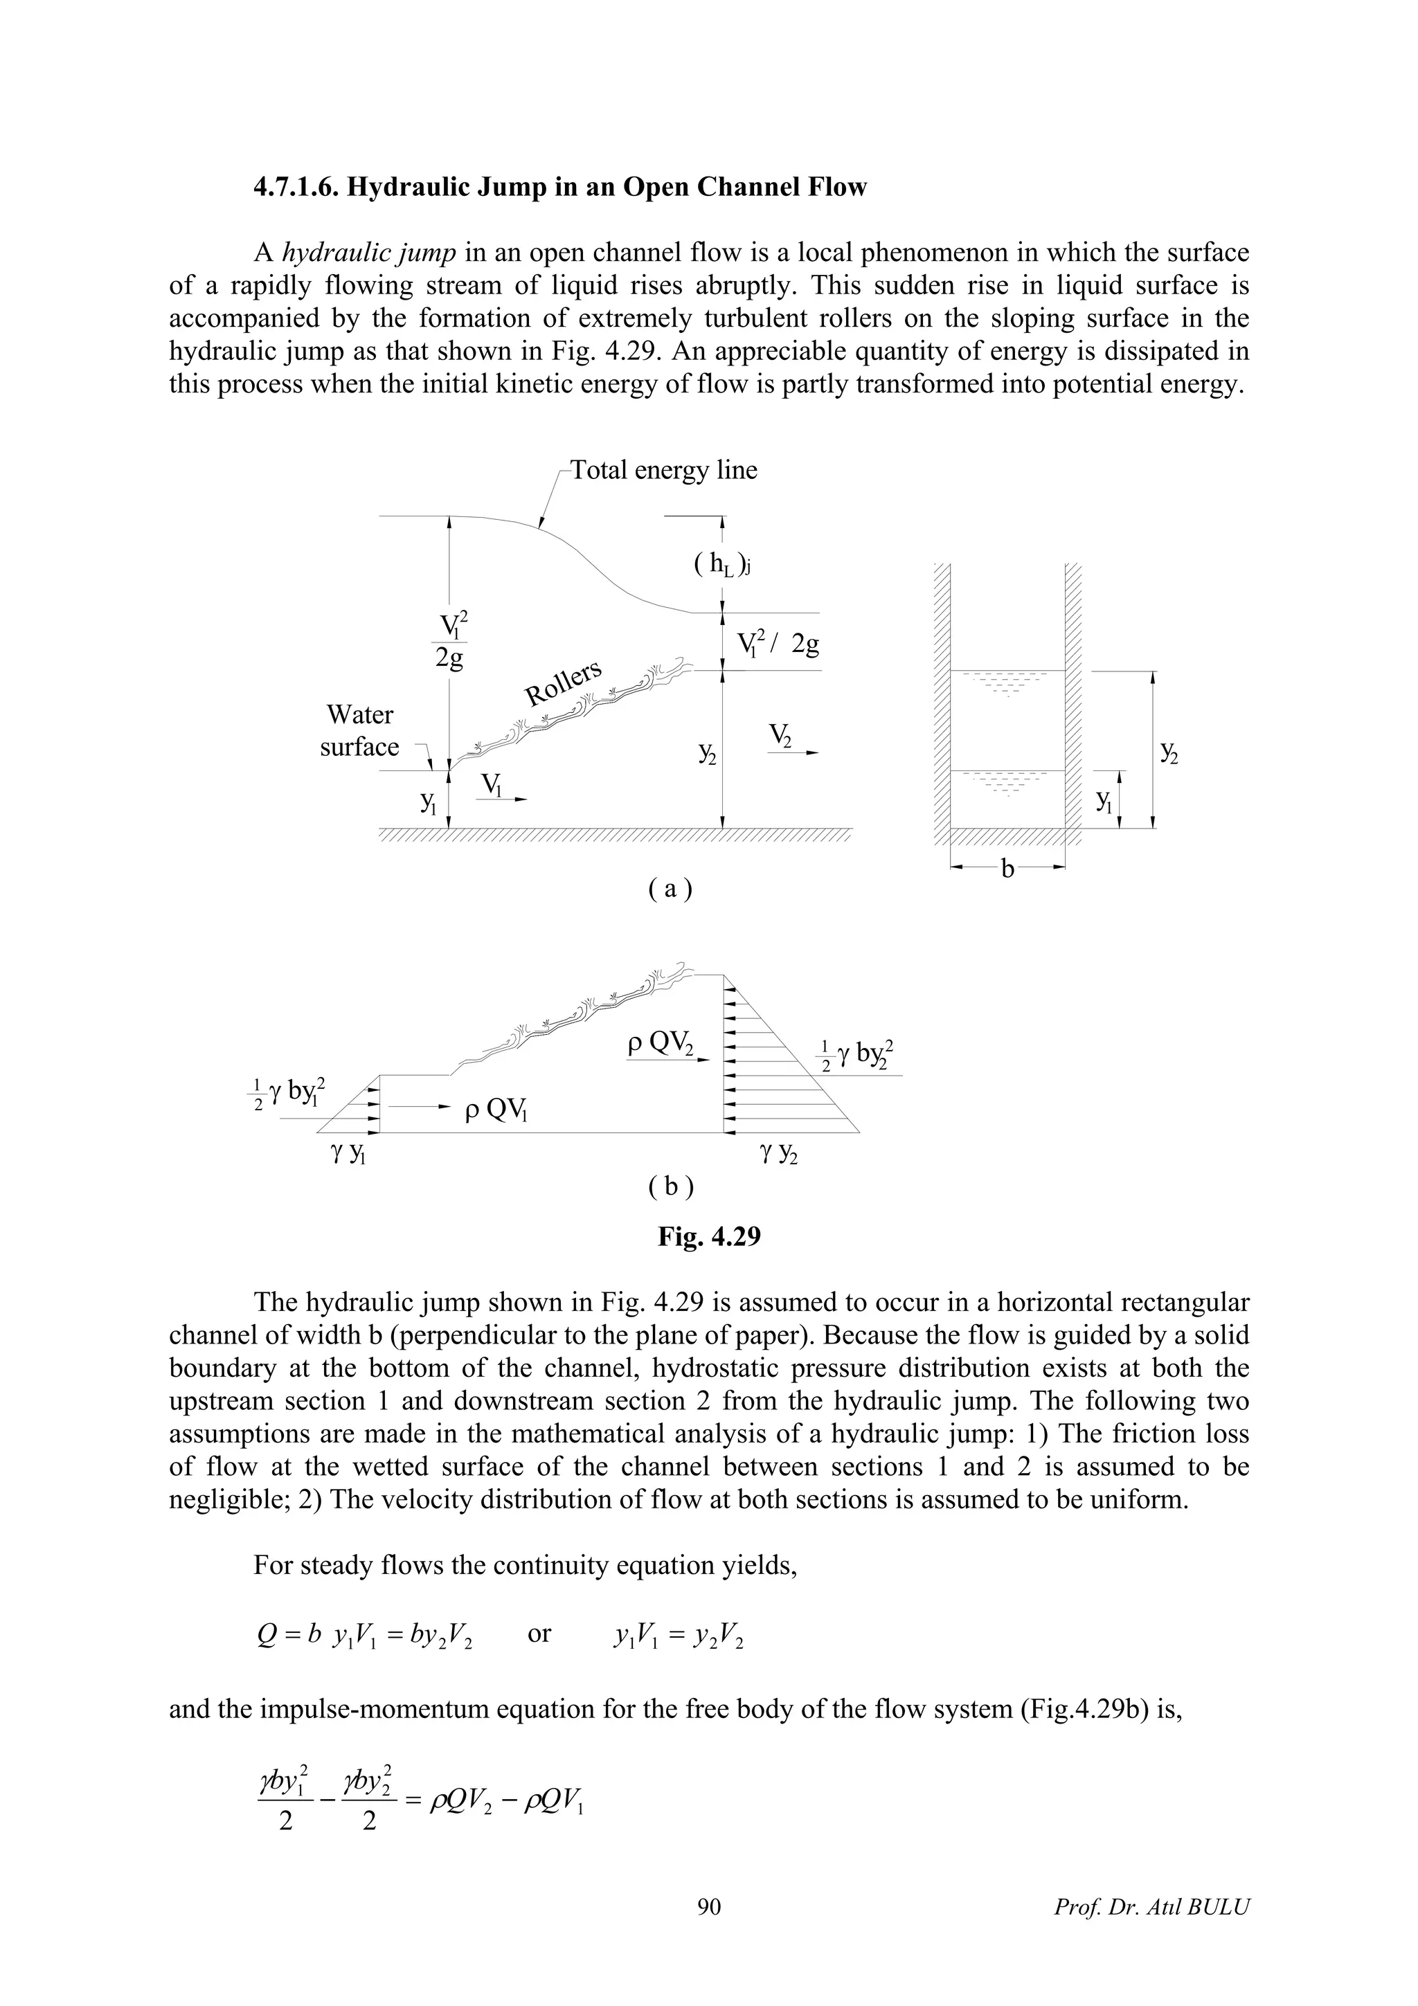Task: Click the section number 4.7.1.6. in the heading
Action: pyautogui.click(x=296, y=188)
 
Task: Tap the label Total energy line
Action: pyautogui.click(x=664, y=470)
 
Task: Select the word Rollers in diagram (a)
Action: pyautogui.click(x=564, y=683)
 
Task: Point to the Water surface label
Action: pyautogui.click(x=359, y=730)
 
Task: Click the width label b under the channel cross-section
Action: pyautogui.click(x=1007, y=869)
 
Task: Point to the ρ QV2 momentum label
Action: pyautogui.click(x=661, y=1045)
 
